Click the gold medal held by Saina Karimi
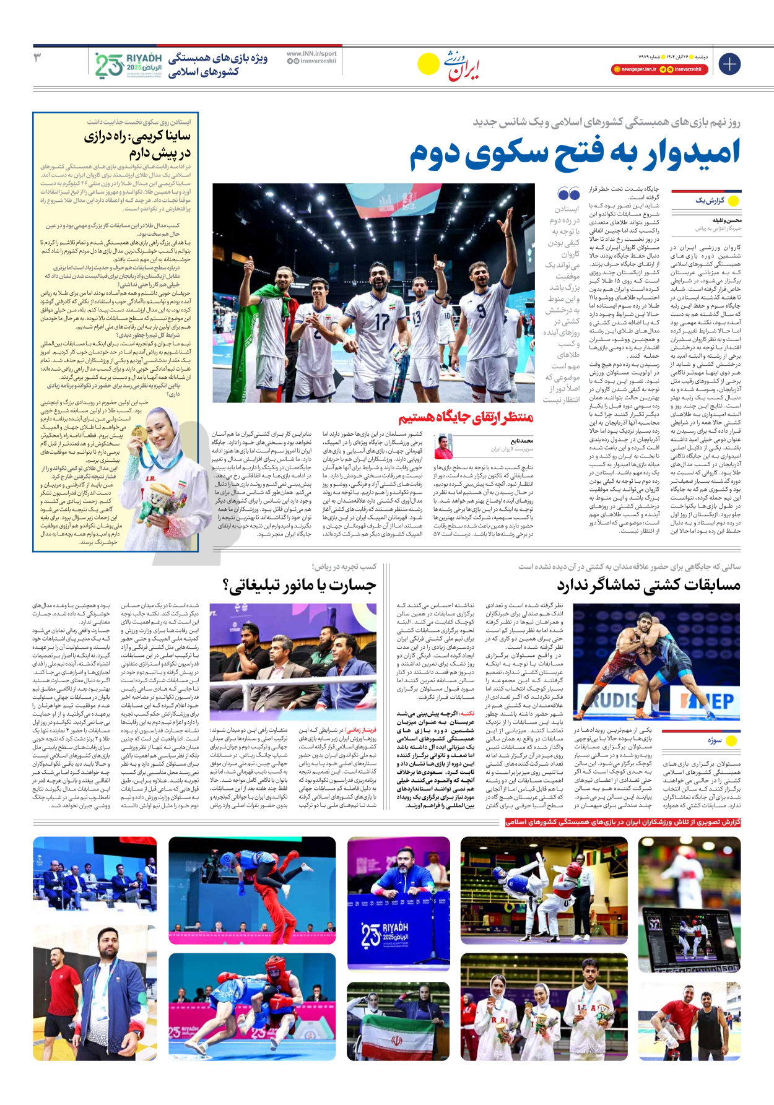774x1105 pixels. point(139,434)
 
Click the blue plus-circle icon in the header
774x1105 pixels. point(729,64)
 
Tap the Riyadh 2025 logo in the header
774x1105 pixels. point(129,65)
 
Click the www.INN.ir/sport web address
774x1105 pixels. point(311,54)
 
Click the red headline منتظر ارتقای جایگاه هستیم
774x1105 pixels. point(466,418)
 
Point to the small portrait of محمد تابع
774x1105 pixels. point(443,446)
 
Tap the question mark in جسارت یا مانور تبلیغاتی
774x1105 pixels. point(226,584)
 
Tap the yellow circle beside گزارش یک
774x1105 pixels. point(734,201)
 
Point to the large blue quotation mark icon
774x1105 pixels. point(568,193)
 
